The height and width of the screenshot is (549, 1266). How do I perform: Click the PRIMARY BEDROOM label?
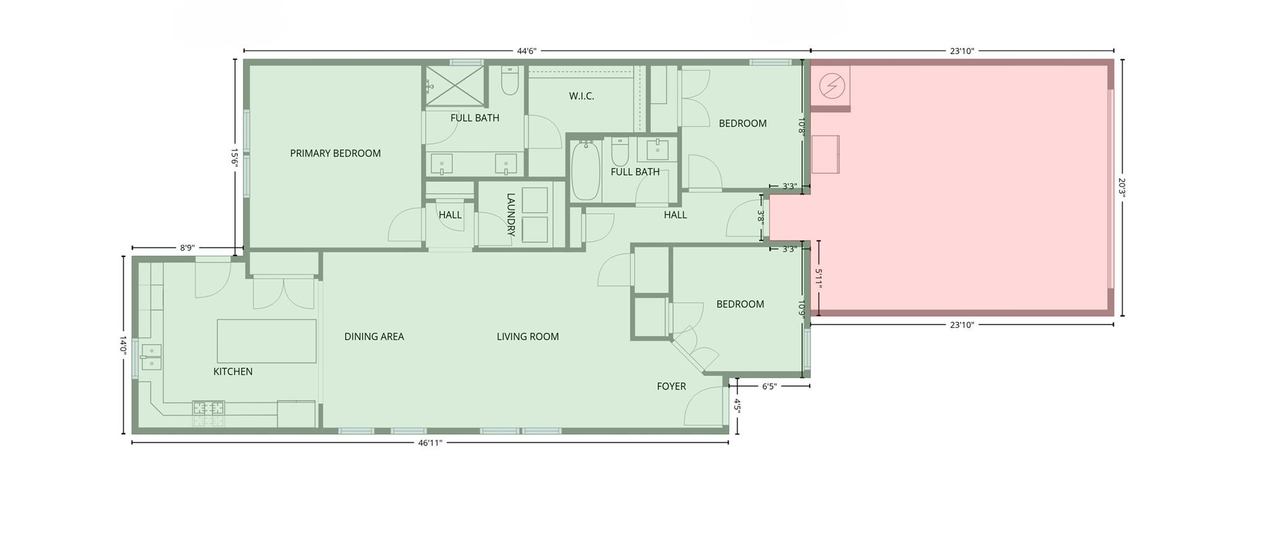[335, 153]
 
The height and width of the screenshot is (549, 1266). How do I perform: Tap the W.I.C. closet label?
[581, 96]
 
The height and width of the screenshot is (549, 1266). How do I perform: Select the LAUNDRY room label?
[511, 215]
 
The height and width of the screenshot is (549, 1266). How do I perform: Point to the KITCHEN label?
[232, 372]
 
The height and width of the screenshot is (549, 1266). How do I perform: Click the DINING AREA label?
[374, 337]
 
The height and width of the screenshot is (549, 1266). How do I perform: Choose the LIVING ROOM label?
[527, 337]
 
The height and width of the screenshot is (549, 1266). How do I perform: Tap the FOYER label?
[671, 386]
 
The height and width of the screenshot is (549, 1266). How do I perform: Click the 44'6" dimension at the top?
[526, 51]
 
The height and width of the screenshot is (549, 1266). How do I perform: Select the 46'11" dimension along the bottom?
[430, 443]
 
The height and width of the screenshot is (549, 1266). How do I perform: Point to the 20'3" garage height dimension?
[1123, 187]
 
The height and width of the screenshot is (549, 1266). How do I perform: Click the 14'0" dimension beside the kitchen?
[123, 345]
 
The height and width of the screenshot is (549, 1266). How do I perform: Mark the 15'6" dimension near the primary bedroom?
[234, 157]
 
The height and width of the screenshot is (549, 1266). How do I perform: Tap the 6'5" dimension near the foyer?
[768, 386]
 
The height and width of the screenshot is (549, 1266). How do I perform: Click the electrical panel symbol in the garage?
[831, 86]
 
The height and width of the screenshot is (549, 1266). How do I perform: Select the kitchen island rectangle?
[266, 341]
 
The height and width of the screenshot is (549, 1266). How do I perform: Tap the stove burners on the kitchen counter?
[208, 408]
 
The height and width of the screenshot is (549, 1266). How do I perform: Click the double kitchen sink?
[151, 357]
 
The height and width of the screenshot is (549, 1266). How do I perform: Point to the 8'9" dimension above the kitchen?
[187, 248]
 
